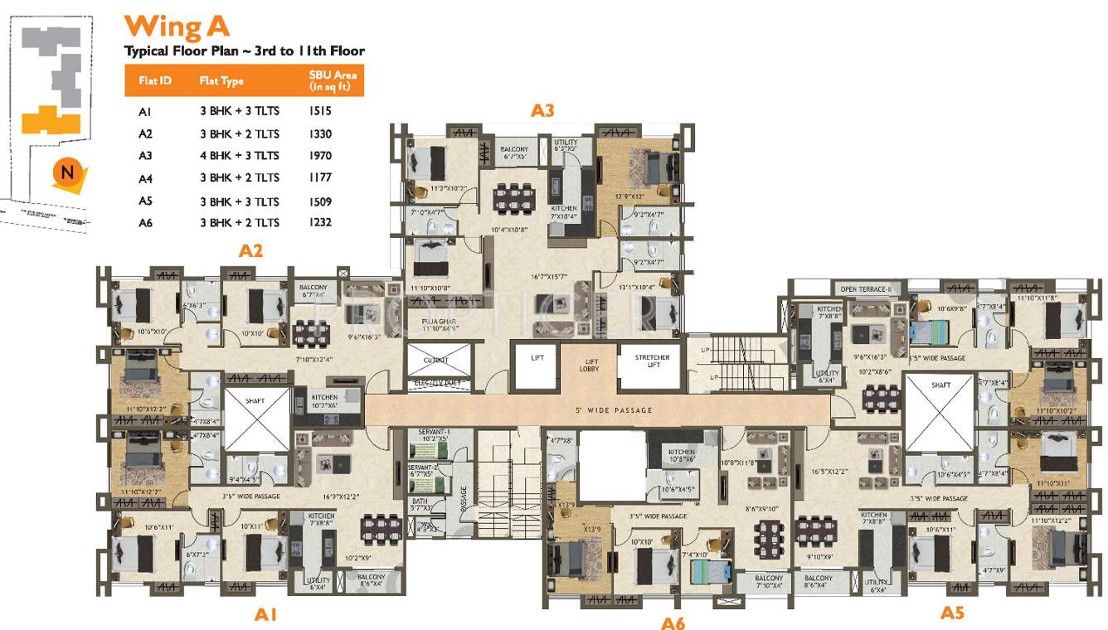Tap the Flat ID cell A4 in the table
[x=145, y=178]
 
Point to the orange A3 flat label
[x=542, y=110]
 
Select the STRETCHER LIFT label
[x=653, y=361]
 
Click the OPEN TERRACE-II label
[x=865, y=288]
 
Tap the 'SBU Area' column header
[x=332, y=80]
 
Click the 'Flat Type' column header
[x=221, y=81]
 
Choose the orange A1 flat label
[x=265, y=614]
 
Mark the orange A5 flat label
[x=952, y=613]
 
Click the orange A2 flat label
[x=250, y=250]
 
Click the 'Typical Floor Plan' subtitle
[x=244, y=51]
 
